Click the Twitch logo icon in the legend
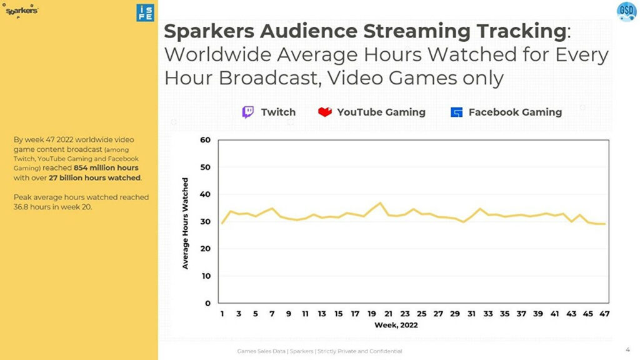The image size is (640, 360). point(248,112)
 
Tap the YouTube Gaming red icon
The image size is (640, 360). point(325,112)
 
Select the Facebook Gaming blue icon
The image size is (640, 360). point(457,112)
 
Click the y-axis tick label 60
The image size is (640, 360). point(205,140)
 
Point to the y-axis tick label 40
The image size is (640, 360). point(205,194)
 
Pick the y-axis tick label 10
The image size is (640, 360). point(205,276)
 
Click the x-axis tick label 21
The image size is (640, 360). point(388,314)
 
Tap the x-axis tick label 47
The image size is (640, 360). point(604,314)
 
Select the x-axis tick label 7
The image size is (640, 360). point(272,314)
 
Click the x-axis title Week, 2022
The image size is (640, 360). point(396,326)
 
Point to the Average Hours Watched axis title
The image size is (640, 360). point(186,223)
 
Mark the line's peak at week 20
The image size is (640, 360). point(380,203)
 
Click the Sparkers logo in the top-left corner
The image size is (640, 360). point(22,11)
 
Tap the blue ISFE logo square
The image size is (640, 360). point(145,12)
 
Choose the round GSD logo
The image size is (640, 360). point(626,11)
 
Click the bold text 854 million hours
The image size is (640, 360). point(106,168)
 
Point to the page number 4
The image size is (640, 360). point(627,349)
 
